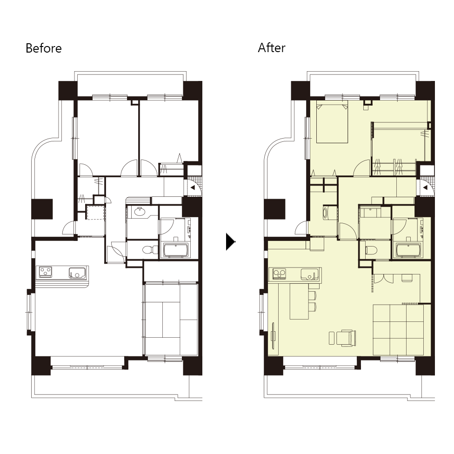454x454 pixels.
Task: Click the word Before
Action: tap(43, 48)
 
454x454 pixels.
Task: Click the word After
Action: tap(272, 48)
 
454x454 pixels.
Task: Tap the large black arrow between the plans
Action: tap(230, 242)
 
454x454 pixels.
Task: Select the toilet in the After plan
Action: tap(371, 250)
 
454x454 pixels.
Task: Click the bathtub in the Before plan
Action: tap(176, 250)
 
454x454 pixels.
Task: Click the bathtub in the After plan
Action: tap(408, 250)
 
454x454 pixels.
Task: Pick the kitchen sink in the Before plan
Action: tap(77, 273)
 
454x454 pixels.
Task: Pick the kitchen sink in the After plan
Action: tap(309, 274)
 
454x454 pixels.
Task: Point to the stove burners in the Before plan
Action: tap(46, 272)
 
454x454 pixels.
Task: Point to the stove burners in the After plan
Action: tap(279, 274)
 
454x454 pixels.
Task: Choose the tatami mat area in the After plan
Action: tap(398, 330)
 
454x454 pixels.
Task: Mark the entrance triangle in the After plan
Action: tap(425, 187)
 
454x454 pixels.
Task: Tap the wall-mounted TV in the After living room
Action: tap(273, 335)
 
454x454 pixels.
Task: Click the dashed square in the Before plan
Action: tap(95, 213)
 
